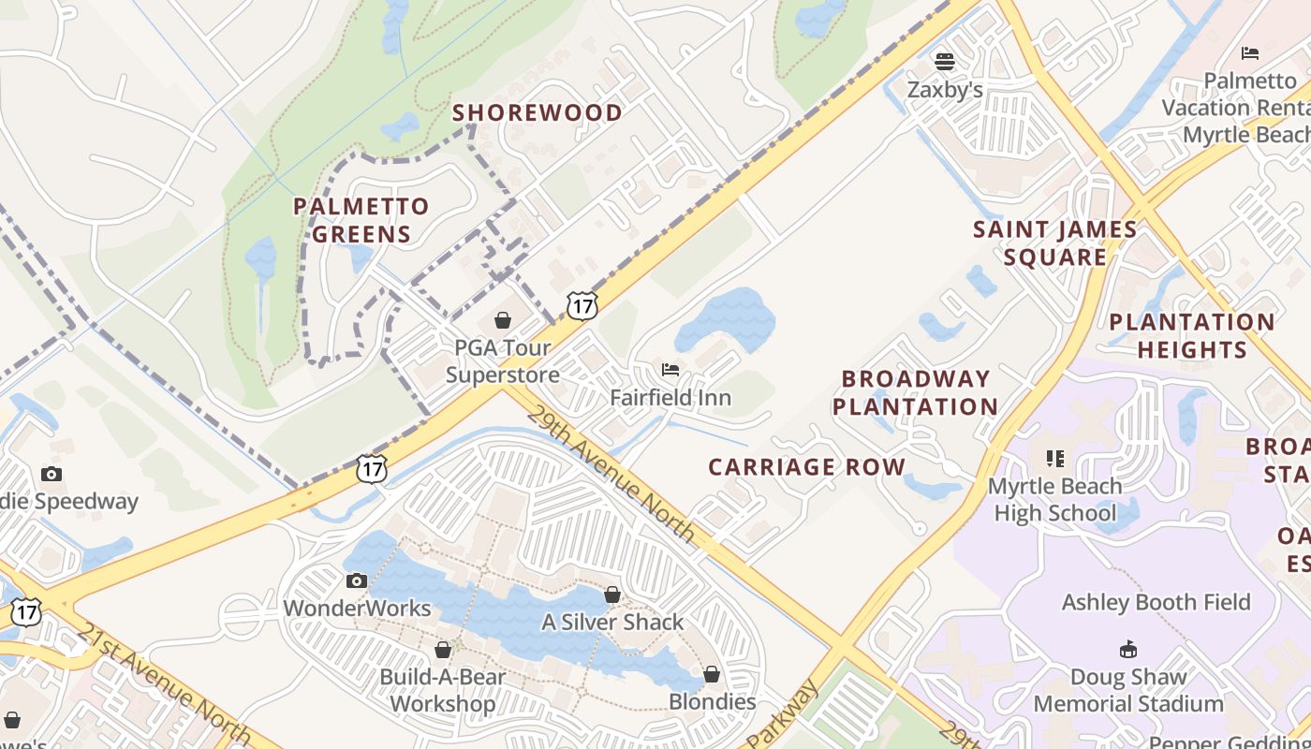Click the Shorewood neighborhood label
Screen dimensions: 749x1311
pos(538,113)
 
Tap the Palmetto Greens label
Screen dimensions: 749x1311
pos(361,220)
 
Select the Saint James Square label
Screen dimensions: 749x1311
pos(1055,243)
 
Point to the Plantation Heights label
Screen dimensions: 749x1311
pos(1192,336)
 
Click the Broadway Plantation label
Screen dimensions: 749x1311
pos(915,392)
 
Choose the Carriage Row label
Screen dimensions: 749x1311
pos(807,467)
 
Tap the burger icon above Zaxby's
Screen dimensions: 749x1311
pos(945,62)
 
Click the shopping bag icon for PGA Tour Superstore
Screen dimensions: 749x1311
pos(503,320)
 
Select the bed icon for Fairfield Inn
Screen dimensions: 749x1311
pos(670,370)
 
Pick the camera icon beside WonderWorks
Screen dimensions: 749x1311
pos(356,580)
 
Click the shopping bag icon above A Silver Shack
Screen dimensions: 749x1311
pos(612,595)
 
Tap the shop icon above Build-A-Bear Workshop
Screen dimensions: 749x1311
pos(443,649)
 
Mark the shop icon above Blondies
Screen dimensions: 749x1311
pos(712,674)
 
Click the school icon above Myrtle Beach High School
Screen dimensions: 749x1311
pos(1055,459)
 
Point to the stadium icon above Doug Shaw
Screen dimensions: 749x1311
pos(1128,649)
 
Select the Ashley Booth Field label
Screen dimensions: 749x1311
pos(1156,602)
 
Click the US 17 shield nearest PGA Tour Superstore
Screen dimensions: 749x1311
pos(582,305)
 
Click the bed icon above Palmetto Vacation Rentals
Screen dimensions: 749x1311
pos(1250,53)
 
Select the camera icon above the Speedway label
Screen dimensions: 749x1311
pos(52,474)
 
